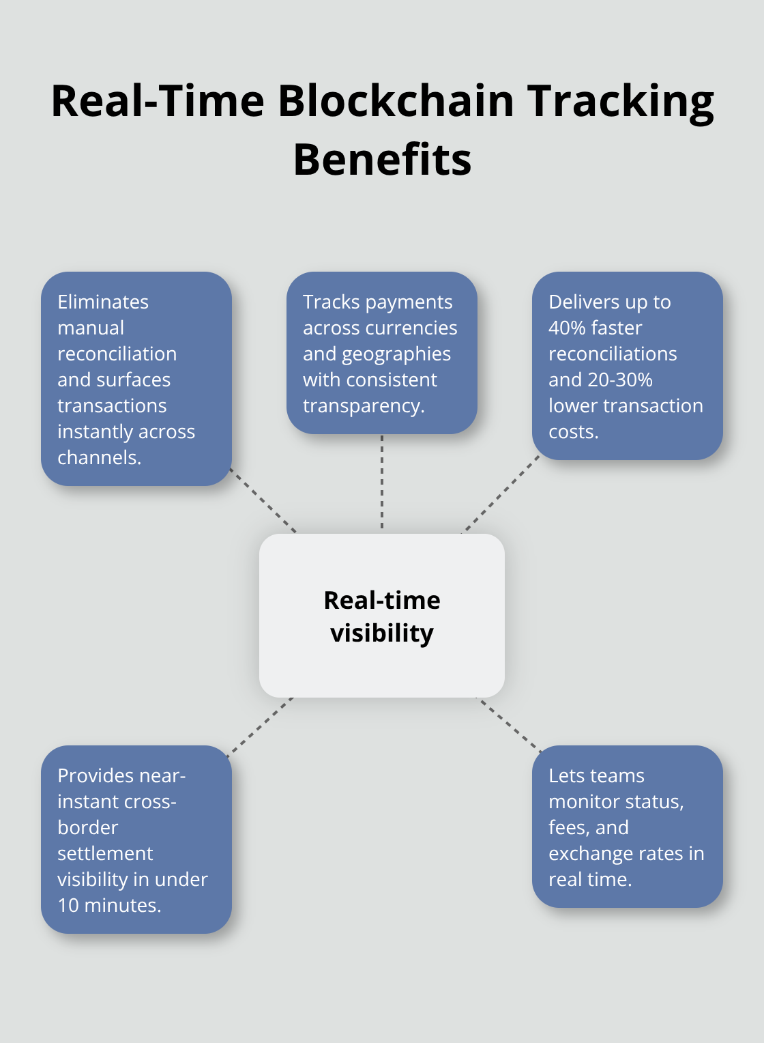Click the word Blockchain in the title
point(396,101)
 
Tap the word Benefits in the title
point(382,160)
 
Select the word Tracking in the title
point(621,101)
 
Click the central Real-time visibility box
point(382,616)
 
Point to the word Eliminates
point(103,302)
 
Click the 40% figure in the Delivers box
point(568,328)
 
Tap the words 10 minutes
point(108,905)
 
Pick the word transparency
point(363,406)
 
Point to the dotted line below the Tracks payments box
point(382,481)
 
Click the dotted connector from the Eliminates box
point(263,500)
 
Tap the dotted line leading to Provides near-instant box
point(259,726)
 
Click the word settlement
point(105,853)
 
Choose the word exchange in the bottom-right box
point(586,854)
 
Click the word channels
point(98,457)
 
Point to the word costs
point(572,431)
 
